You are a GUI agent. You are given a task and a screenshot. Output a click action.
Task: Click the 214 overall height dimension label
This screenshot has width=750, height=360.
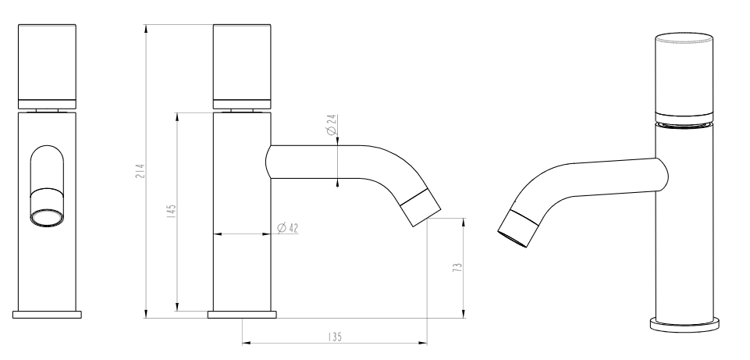[140, 171]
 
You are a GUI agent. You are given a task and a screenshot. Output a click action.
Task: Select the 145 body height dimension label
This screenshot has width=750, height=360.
[171, 211]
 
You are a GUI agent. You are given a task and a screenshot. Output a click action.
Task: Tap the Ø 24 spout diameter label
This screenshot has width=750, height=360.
[332, 124]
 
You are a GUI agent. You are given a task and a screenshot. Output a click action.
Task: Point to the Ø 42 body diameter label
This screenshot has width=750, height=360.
[287, 228]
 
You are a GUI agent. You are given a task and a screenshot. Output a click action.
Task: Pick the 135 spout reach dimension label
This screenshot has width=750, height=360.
[335, 337]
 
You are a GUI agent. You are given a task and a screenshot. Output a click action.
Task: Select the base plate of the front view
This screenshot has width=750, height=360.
[47, 315]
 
